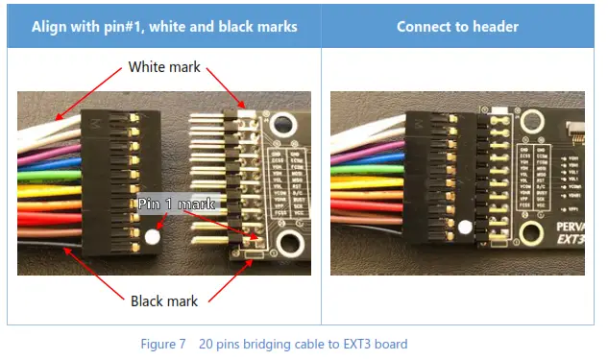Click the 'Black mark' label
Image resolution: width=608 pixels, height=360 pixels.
(x=164, y=301)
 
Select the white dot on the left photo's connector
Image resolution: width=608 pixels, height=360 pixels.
(x=153, y=234)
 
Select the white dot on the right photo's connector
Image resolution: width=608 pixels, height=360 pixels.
(x=466, y=228)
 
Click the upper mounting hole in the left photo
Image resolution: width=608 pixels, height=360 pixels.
(x=281, y=123)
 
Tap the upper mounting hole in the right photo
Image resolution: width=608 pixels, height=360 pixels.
(x=527, y=119)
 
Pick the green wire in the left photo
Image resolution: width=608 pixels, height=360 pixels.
(x=48, y=175)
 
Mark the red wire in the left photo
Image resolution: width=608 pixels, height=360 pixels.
(x=48, y=218)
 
